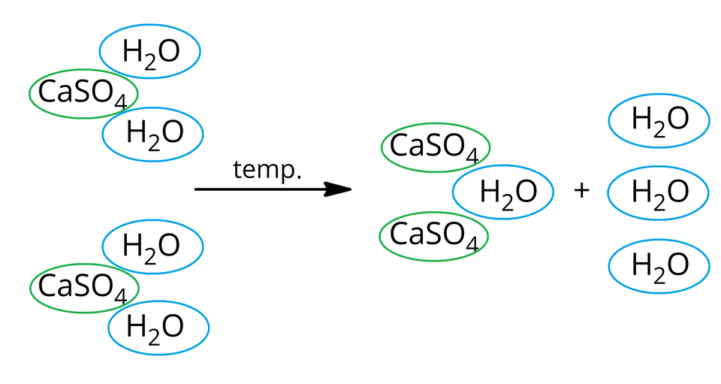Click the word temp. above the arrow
267,171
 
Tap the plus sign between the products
581,191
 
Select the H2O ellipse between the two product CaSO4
502,192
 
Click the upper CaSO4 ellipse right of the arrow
436,147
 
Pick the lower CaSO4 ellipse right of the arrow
433,236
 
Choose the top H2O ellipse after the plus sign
659,119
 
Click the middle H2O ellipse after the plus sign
659,192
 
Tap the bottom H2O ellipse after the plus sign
659,265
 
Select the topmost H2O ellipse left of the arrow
150,52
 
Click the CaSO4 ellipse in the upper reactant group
83,94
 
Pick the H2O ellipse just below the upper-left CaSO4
153,134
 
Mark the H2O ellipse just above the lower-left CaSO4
152,246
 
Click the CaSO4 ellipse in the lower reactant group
84,288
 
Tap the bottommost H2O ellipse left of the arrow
158,328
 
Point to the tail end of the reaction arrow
197,189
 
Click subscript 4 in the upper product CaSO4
472,156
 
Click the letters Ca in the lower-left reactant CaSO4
52,286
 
